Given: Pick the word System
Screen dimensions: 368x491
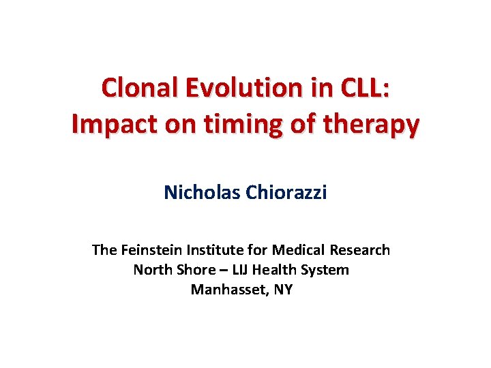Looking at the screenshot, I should pos(327,270).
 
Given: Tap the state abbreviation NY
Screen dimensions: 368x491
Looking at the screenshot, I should pos(283,290).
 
